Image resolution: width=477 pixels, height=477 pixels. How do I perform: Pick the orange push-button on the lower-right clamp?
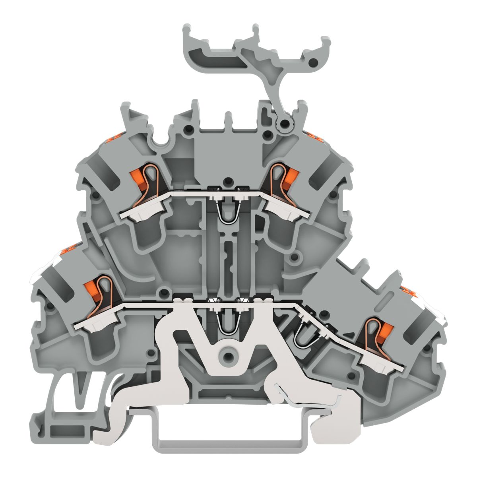[383, 330]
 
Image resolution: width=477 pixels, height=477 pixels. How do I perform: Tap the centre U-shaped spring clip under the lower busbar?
[225, 322]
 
